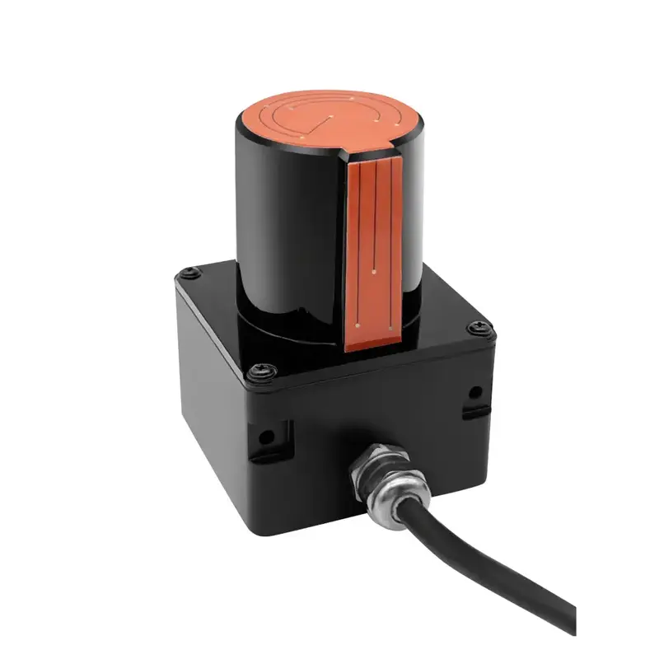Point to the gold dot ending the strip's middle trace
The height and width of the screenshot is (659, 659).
[375, 268]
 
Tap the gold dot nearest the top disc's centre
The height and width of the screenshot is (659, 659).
[330, 115]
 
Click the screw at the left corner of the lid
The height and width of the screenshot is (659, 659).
[188, 271]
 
